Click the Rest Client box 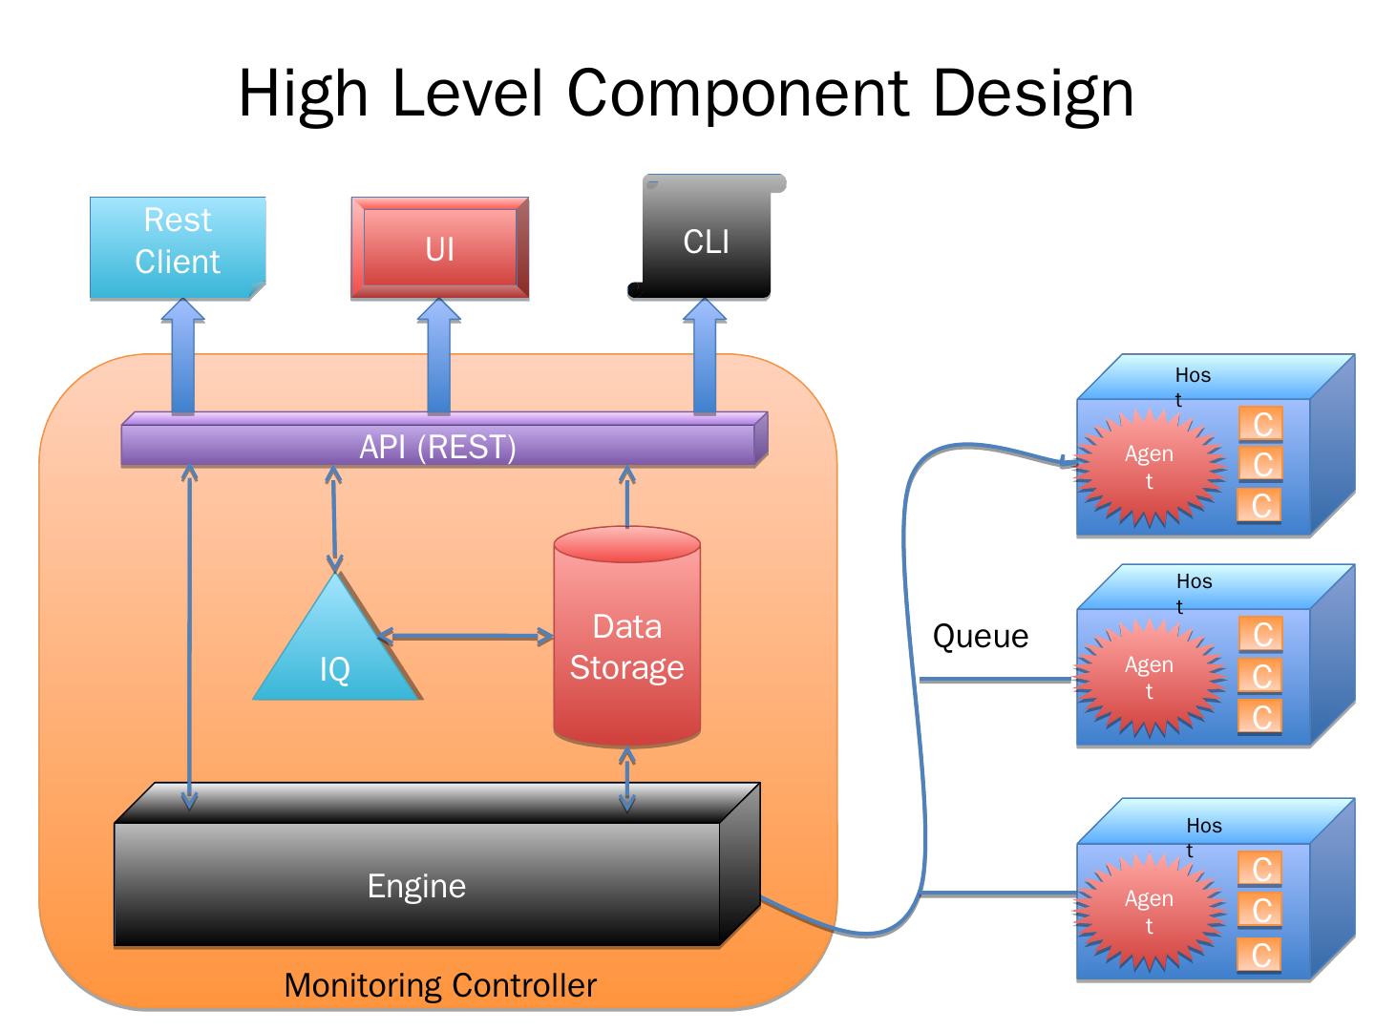pyautogui.click(x=178, y=247)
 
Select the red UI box pyautogui.click(x=439, y=248)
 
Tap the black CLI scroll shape pyautogui.click(x=707, y=242)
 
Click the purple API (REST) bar pyautogui.click(x=438, y=446)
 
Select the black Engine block pyautogui.click(x=417, y=885)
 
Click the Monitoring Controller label pyautogui.click(x=440, y=985)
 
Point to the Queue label pyautogui.click(x=981, y=637)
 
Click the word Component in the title pyautogui.click(x=737, y=93)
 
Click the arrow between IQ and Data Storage pyautogui.click(x=466, y=637)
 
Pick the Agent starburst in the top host pyautogui.click(x=1150, y=467)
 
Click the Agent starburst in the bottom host pyautogui.click(x=1150, y=912)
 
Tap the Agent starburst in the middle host pyautogui.click(x=1150, y=678)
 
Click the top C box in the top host pyautogui.click(x=1261, y=424)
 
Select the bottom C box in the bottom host pyautogui.click(x=1260, y=955)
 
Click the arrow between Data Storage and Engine pyautogui.click(x=627, y=778)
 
